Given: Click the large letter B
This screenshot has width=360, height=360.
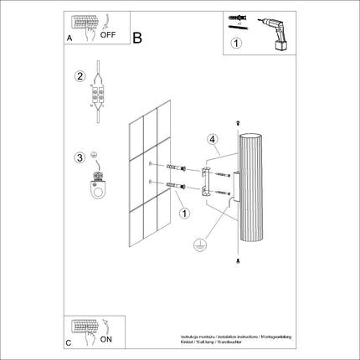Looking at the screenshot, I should point(138,37).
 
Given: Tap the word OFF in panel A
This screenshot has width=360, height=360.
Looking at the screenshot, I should point(108,36).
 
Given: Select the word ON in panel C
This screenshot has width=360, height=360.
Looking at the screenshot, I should point(107,340).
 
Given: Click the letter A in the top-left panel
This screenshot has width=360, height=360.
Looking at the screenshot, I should point(69,39).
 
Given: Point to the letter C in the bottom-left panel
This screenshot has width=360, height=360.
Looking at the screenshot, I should point(69,342).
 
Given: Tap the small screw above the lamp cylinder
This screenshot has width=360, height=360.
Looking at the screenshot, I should point(240,125).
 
